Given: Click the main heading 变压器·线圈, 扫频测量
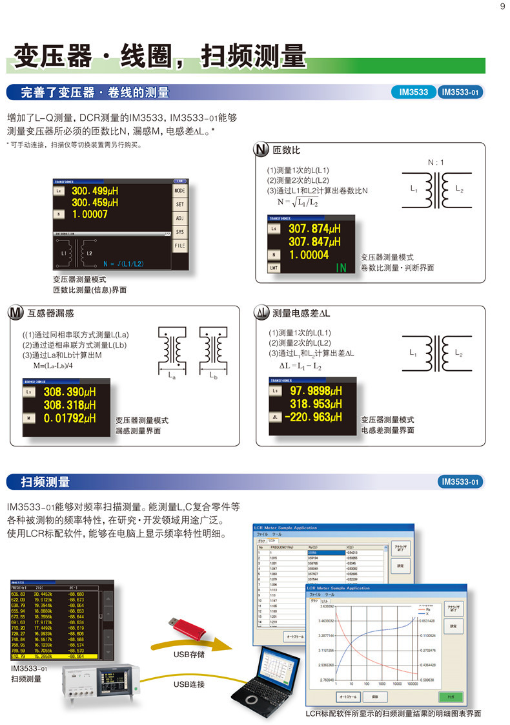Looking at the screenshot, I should [159, 56].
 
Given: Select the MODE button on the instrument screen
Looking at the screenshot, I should [179, 192].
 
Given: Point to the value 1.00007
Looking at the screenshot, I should [90, 214].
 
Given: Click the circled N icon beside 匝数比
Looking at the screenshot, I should [262, 151].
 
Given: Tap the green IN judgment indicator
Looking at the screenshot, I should [342, 268].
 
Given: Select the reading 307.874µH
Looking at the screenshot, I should [314, 229].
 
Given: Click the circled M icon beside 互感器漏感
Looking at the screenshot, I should [15, 313].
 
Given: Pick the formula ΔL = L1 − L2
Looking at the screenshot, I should [296, 366].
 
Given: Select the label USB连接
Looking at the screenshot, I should [189, 684].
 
